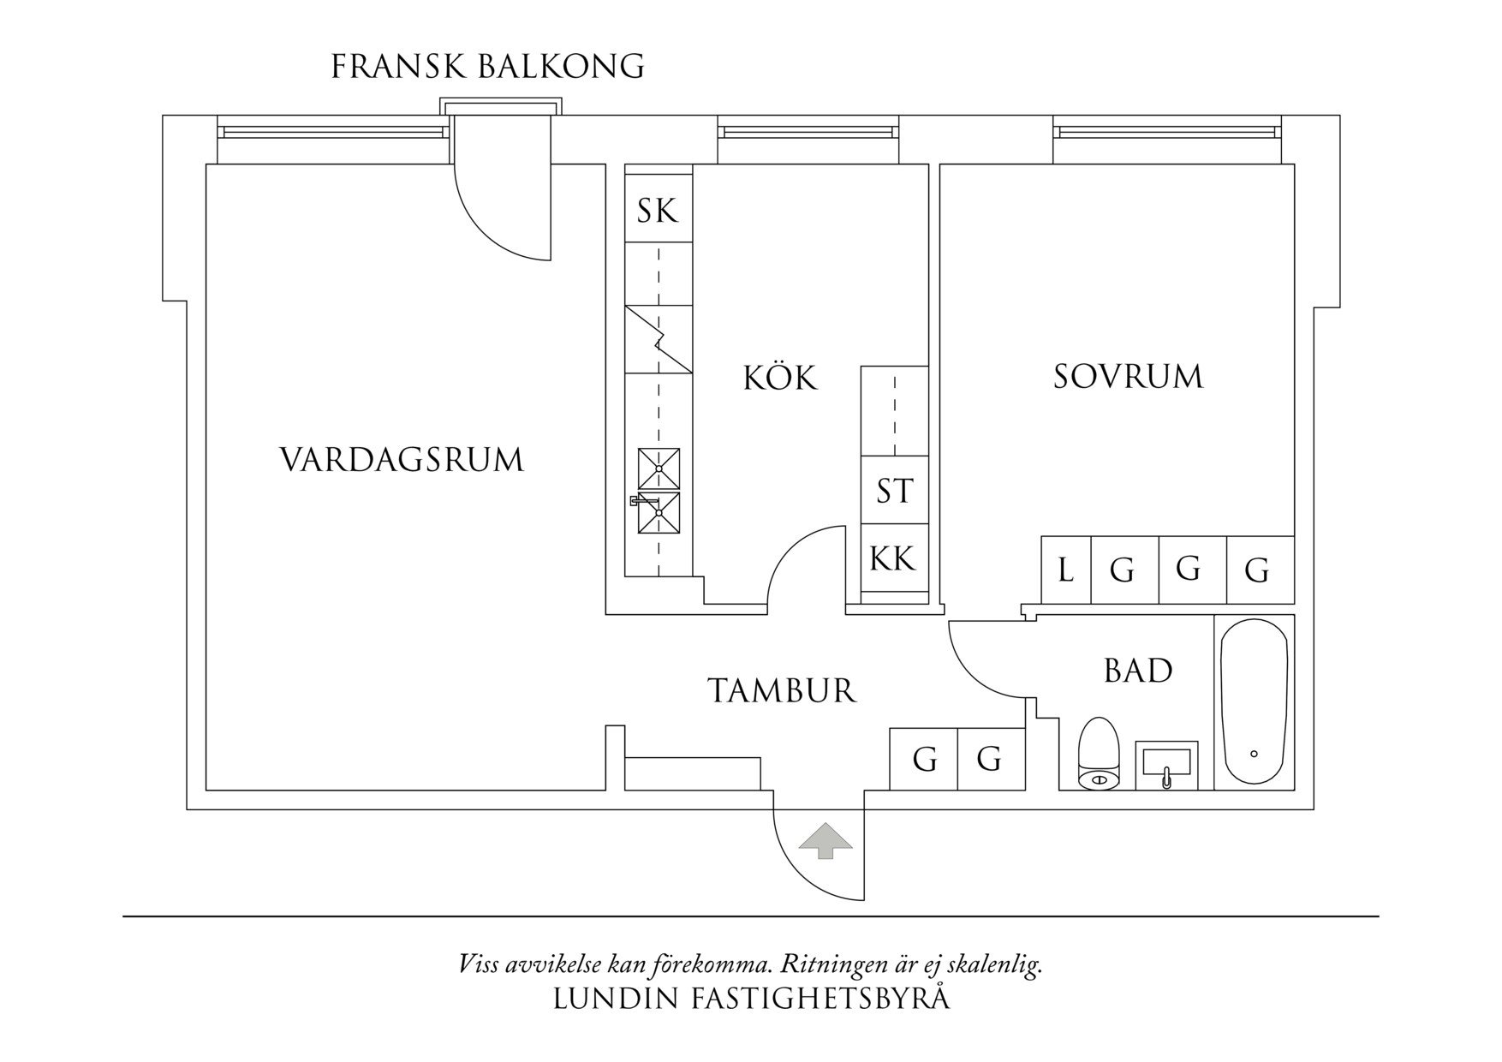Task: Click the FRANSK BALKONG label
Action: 487,67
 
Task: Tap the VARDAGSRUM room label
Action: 402,460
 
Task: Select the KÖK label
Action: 779,378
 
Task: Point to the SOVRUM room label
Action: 1128,377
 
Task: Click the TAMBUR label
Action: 782,691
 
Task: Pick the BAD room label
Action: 1138,671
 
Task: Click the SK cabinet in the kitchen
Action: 658,211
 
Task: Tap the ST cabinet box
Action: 895,492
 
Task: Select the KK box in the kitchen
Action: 893,558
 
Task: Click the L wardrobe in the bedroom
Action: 1066,570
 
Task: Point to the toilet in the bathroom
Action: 1099,754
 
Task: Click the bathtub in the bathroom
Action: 1254,702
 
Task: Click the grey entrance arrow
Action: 826,840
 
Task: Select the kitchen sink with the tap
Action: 659,513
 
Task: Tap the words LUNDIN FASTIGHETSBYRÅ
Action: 751,999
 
